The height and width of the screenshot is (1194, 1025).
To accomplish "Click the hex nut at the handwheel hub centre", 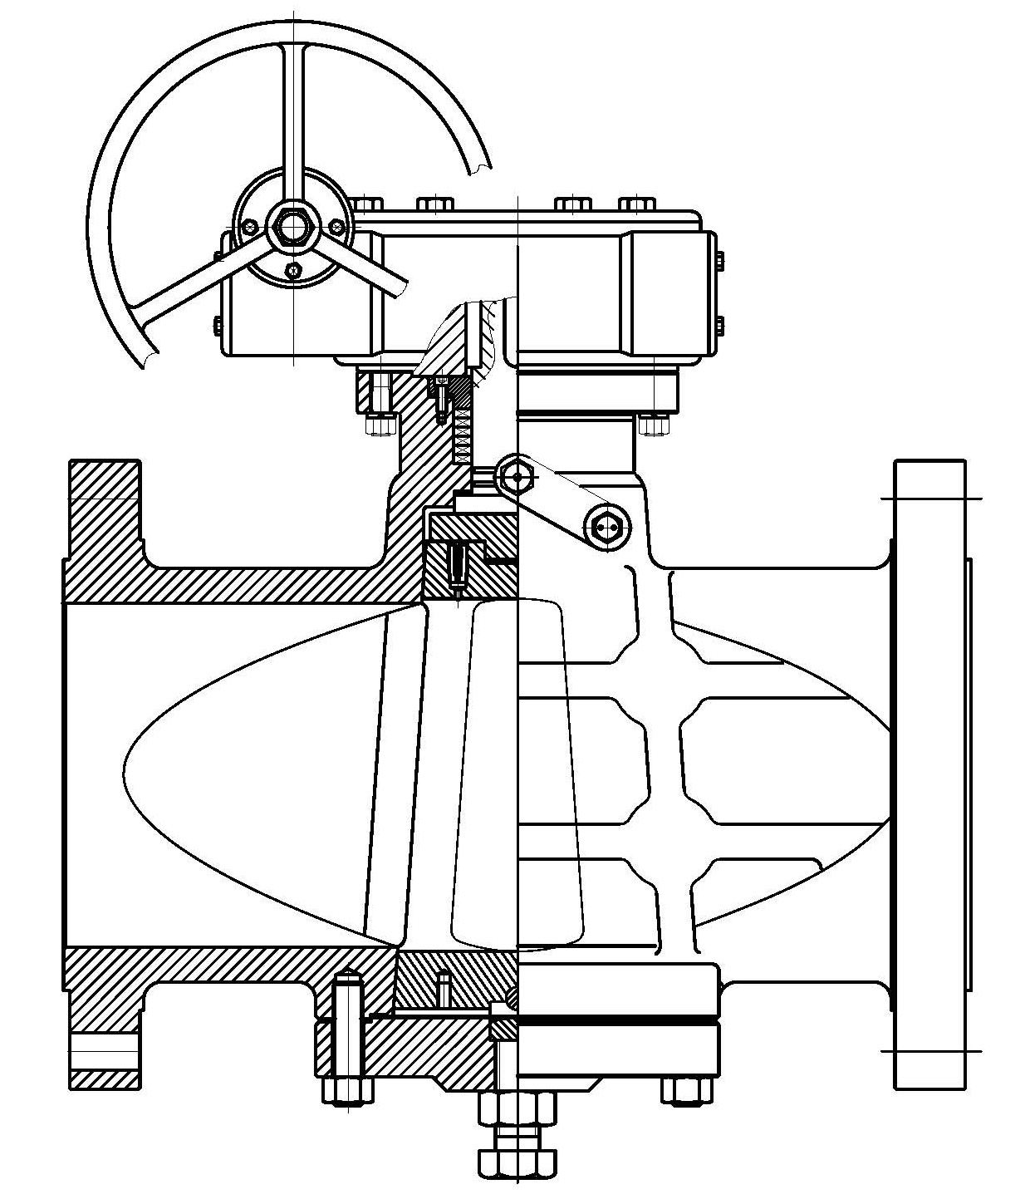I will coord(294,225).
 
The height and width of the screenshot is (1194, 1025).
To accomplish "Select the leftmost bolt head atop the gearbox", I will coord(366,204).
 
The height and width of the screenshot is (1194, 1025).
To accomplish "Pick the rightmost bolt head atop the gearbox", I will coord(637,204).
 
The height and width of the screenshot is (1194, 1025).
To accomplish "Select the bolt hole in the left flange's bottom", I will coord(104,1053).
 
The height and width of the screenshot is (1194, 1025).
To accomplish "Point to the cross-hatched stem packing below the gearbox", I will coord(462,424).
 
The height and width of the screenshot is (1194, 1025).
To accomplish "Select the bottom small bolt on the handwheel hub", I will coord(292,269).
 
